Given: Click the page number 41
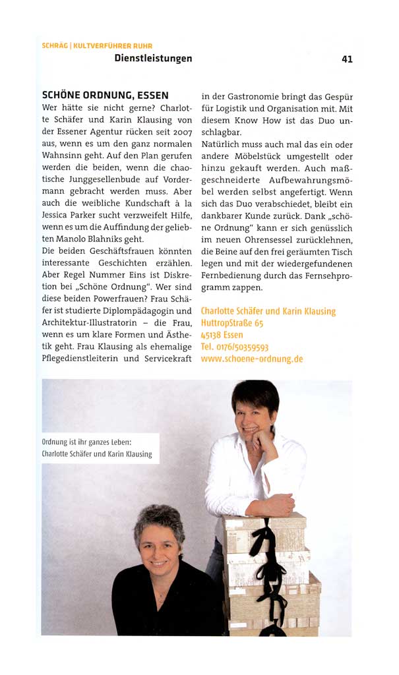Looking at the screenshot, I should [347, 59].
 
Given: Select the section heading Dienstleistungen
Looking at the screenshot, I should [152, 58].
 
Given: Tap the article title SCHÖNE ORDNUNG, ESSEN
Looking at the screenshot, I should [105, 96].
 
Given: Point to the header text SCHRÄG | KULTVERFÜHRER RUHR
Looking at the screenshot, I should [96, 45].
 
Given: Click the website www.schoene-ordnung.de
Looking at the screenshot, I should [251, 359].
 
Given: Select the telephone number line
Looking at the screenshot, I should [234, 347].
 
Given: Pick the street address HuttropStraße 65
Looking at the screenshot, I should [231, 323].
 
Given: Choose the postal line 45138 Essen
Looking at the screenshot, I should [222, 335].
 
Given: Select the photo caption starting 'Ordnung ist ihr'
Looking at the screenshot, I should [96, 448].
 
